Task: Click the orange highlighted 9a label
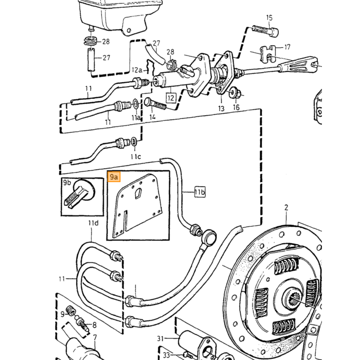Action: [114, 176]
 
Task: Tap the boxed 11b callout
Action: [200, 192]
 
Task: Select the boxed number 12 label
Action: [171, 98]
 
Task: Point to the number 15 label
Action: [269, 17]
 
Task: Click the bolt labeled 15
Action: [266, 31]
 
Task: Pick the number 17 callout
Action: [287, 47]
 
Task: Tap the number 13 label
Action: [221, 109]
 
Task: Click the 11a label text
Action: [136, 118]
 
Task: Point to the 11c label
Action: [136, 156]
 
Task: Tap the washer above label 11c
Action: [134, 141]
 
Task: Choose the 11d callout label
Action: [93, 223]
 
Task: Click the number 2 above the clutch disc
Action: [286, 208]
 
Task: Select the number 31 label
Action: [160, 338]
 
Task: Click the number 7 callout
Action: [95, 337]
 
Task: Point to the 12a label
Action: [137, 70]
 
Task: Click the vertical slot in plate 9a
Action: [125, 221]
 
